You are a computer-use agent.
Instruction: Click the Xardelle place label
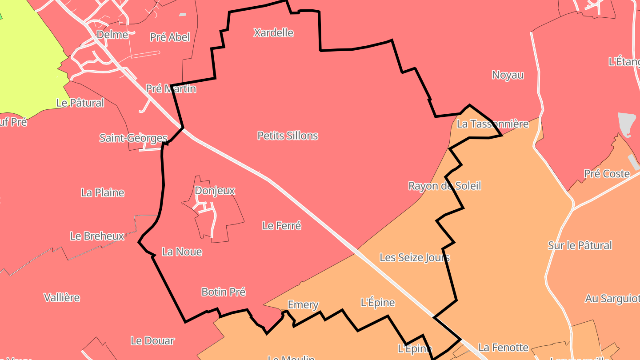coord(273,32)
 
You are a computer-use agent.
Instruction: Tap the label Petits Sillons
coord(288,136)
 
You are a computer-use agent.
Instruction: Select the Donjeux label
coord(215,191)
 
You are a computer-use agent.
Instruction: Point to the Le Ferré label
coord(282,226)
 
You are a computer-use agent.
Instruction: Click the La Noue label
coord(182,252)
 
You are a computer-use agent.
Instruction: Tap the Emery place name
coord(303,305)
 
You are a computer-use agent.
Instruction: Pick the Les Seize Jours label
coord(414,257)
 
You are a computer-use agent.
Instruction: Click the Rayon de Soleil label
coord(444,186)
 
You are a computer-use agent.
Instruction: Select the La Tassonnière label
coord(492,124)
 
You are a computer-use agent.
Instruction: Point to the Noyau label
coord(508,75)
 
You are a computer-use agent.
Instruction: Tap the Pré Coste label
coord(607,174)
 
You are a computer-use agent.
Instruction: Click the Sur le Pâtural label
coord(580,245)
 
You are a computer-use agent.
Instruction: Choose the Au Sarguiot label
coord(612,299)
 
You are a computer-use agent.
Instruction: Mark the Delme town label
coord(112,35)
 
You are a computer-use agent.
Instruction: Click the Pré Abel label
coord(170,37)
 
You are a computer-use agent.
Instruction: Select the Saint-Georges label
coord(133,138)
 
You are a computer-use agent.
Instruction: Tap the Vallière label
coord(62,297)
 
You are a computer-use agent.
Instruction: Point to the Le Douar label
coord(152,341)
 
